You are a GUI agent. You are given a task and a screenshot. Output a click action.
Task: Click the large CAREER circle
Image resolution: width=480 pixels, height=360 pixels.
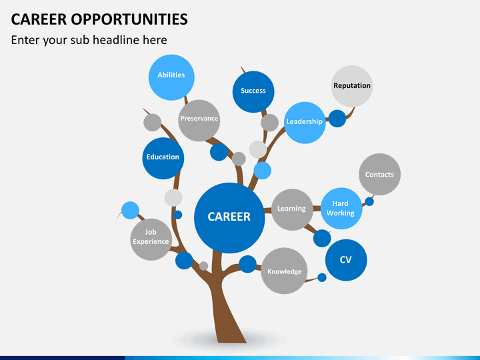tap(229, 218)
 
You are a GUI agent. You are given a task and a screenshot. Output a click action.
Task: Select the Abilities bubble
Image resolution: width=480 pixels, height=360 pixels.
tap(171, 77)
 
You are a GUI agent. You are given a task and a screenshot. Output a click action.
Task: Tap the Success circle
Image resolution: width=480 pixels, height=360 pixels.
tap(253, 92)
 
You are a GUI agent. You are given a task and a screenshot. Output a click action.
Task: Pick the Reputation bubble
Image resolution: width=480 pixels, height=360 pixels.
tap(352, 86)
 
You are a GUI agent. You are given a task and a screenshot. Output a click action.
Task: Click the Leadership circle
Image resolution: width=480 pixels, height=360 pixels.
tap(305, 123)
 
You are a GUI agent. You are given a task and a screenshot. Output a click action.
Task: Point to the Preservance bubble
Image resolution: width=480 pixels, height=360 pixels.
tap(199, 121)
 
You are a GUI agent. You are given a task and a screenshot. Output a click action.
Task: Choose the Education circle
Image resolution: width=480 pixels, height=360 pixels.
tap(163, 158)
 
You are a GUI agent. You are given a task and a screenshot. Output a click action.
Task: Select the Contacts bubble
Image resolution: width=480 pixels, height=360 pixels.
tap(379, 174)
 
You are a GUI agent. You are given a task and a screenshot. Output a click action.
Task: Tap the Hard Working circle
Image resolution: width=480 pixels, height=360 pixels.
tap(341, 209)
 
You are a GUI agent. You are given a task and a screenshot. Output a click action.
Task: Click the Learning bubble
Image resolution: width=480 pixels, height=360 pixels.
tap(292, 210)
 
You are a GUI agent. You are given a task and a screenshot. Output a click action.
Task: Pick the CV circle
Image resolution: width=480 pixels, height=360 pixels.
tap(346, 260)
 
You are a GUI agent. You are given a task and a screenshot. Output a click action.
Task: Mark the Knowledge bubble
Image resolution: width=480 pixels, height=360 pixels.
tap(284, 271)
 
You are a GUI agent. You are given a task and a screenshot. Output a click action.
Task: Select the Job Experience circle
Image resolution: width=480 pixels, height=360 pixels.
tap(151, 239)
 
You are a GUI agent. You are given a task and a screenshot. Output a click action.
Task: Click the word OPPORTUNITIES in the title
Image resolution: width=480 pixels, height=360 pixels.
tap(129, 19)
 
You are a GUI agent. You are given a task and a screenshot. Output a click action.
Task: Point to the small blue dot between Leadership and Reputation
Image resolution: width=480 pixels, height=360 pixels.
tap(337, 119)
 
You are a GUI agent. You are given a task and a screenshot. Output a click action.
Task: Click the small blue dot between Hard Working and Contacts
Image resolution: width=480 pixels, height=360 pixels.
tap(369, 201)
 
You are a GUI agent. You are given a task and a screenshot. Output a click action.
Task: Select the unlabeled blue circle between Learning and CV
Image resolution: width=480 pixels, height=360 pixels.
tap(322, 238)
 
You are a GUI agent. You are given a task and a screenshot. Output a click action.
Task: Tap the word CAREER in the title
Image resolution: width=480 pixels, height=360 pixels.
tap(39, 19)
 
